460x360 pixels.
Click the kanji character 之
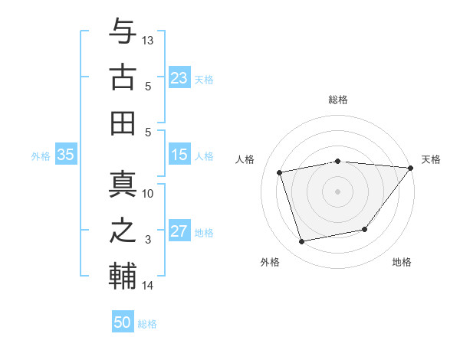click(123, 230)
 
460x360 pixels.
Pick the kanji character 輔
click(123, 277)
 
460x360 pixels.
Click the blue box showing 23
click(179, 77)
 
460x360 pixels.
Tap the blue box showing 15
click(179, 155)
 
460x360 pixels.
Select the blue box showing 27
click(179, 232)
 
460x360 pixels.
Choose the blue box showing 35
click(65, 155)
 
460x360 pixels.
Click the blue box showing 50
click(123, 322)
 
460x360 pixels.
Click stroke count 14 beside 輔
click(148, 286)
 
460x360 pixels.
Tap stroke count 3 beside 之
click(148, 240)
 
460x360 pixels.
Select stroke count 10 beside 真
click(148, 193)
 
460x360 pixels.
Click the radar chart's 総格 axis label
click(337, 100)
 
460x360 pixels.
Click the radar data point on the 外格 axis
click(302, 242)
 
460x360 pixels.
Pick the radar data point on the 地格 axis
click(365, 229)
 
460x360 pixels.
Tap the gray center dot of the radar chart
click(337, 191)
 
